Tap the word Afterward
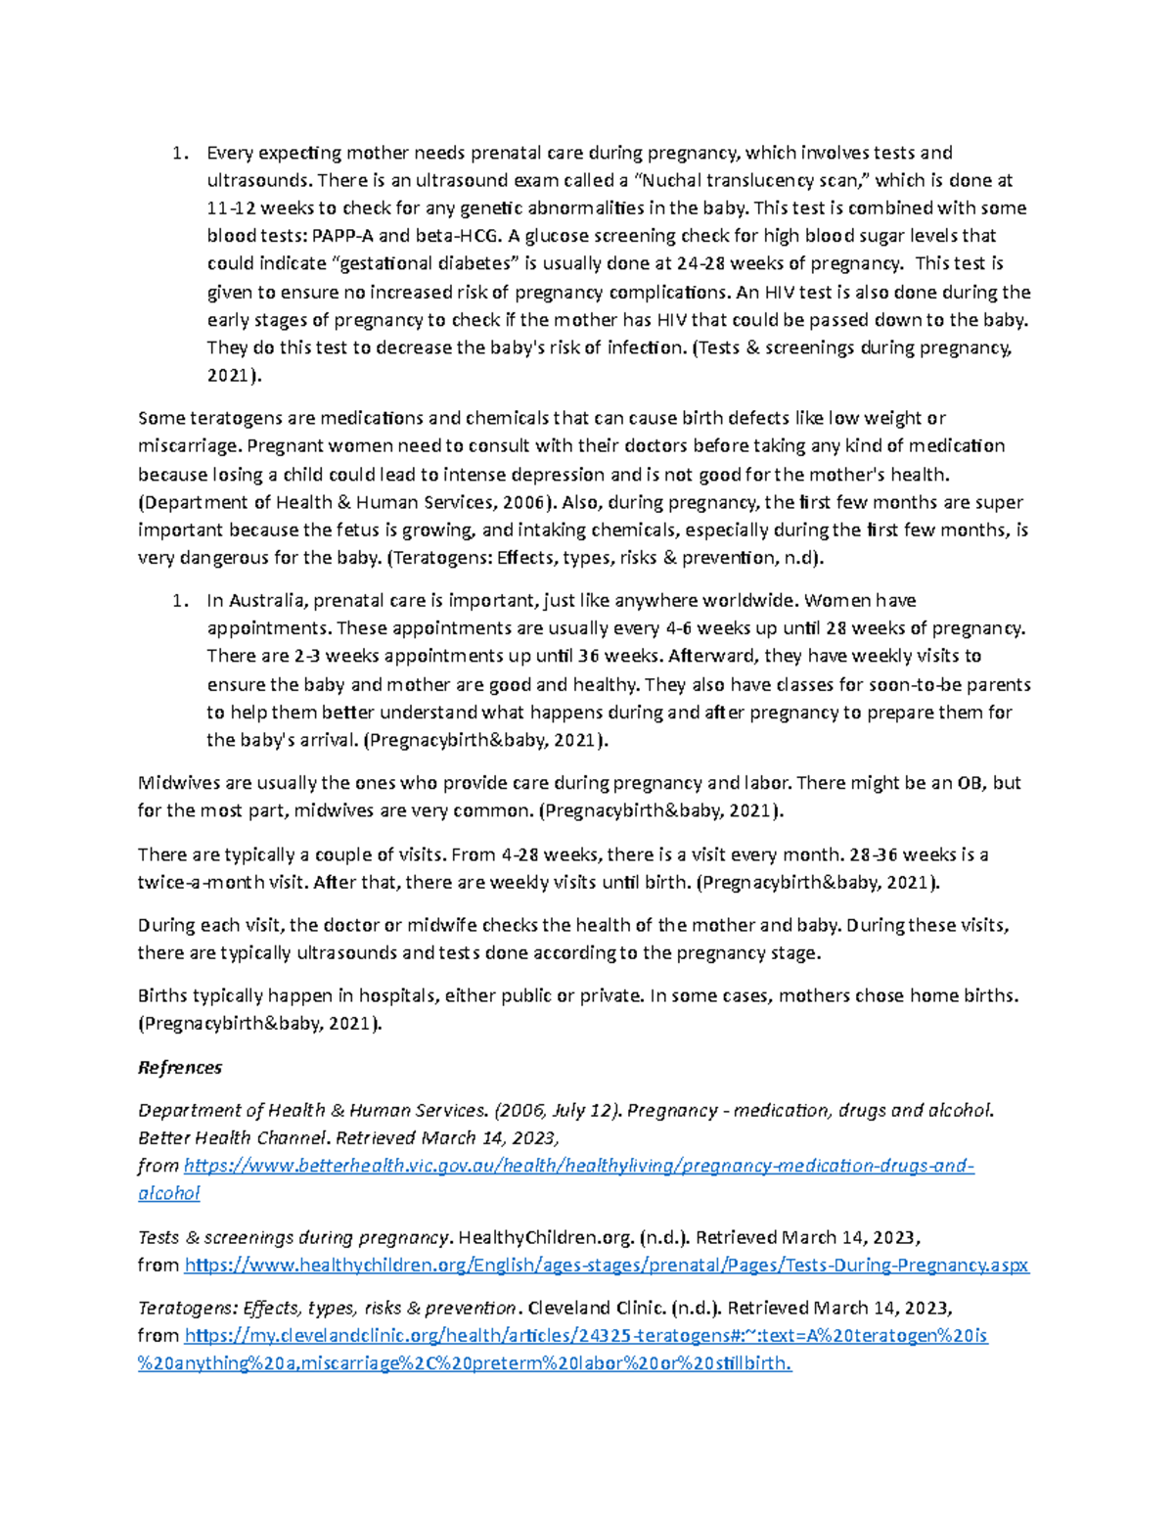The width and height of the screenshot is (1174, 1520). pos(715,656)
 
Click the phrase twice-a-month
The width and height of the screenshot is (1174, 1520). pos(207,882)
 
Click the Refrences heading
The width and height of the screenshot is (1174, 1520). pos(180,1067)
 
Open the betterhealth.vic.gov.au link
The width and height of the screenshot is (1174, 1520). pos(578,1166)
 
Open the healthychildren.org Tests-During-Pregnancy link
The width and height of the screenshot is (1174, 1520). pos(607,1265)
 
